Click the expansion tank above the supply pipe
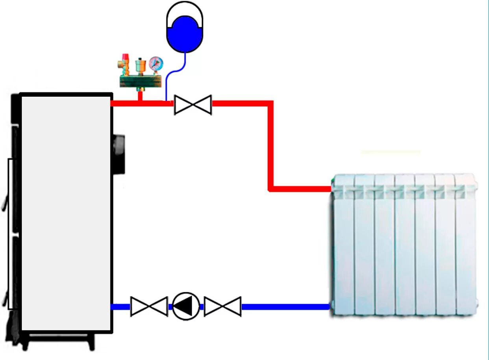click(x=184, y=28)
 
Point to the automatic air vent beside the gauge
click(x=140, y=64)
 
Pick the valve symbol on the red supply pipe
click(x=193, y=105)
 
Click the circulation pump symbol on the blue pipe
click(x=186, y=306)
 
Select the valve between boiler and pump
click(x=149, y=306)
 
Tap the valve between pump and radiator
click(x=222, y=306)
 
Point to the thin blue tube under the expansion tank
click(x=173, y=73)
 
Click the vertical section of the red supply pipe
click(x=270, y=146)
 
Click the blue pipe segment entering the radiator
click(x=285, y=306)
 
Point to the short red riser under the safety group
click(x=140, y=96)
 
